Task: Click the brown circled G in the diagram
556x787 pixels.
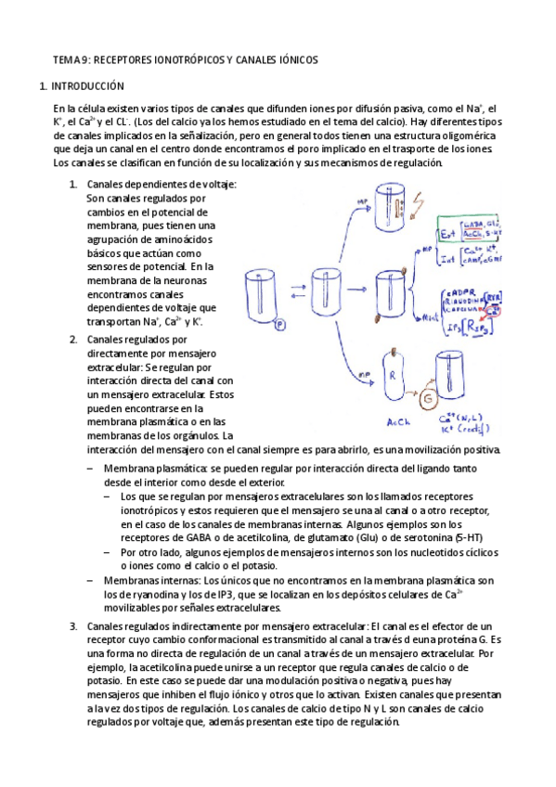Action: [x=429, y=399]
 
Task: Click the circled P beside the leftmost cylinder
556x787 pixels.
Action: [x=279, y=325]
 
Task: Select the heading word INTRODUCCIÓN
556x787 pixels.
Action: [x=88, y=86]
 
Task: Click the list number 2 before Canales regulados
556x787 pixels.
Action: [x=73, y=340]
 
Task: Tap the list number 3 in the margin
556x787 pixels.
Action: [x=73, y=626]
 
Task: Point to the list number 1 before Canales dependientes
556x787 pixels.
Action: [x=73, y=184]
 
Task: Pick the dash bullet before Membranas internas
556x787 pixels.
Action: [x=89, y=580]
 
